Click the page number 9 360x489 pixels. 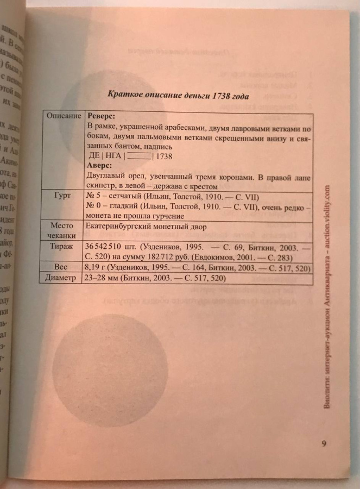point(324,443)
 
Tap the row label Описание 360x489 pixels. point(63,117)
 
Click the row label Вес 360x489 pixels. point(64,268)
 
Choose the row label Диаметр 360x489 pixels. point(63,279)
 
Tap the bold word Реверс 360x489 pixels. point(104,116)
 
